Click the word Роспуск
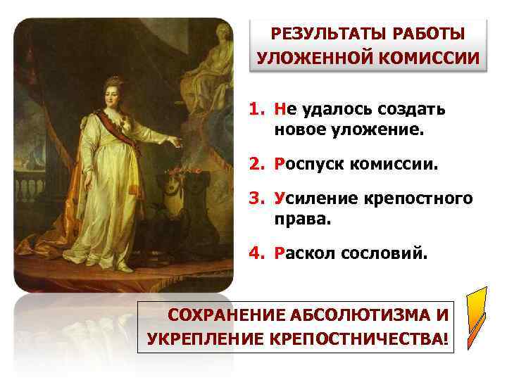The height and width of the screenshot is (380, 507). (310, 165)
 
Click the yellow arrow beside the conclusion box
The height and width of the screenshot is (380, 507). (475, 317)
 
